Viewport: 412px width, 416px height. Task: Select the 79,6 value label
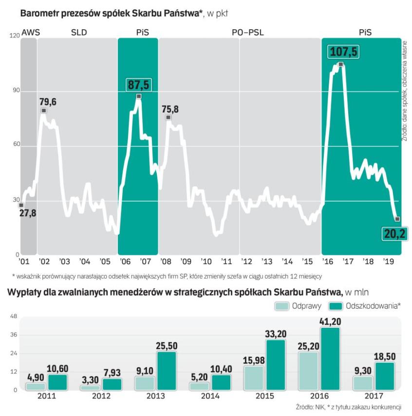tap(47, 102)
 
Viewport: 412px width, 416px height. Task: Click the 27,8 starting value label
tap(28, 213)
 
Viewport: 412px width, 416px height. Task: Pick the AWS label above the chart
tap(31, 33)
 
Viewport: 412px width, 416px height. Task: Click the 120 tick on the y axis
tap(14, 36)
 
